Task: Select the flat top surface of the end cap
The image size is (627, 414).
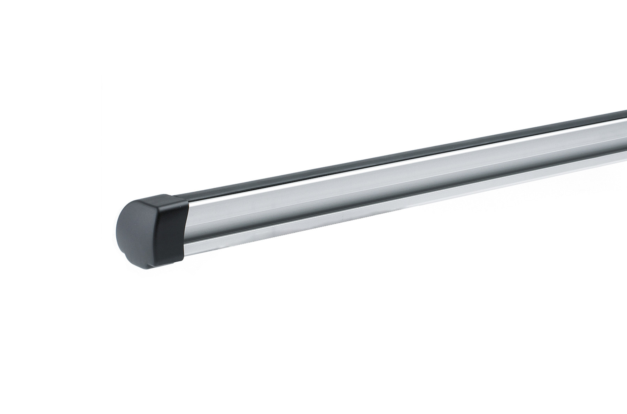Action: (164, 200)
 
